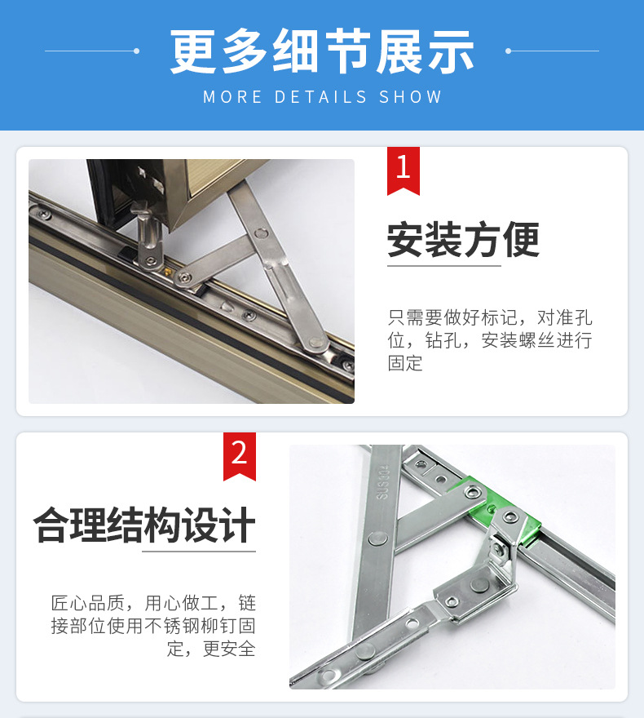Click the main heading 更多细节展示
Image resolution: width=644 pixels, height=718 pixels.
coord(322,51)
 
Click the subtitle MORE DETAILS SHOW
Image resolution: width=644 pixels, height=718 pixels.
coord(322,97)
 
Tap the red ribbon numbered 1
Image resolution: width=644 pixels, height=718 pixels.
coord(403,170)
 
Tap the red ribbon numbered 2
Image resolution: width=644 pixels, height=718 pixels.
coord(239,454)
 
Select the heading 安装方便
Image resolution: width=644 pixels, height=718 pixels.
coord(463,240)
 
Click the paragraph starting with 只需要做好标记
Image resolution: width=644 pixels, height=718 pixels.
coord(489,339)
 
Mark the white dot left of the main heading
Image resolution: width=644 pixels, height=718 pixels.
coord(136,51)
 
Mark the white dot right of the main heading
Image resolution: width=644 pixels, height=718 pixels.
coord(508,51)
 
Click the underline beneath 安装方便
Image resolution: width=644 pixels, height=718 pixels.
coord(443,266)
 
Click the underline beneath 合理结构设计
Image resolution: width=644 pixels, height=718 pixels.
coord(199,552)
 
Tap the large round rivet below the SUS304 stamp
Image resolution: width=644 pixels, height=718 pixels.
coord(377,538)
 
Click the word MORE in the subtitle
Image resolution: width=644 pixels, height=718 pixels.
coord(232,97)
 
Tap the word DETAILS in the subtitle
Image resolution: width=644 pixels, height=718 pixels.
coord(320,97)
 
